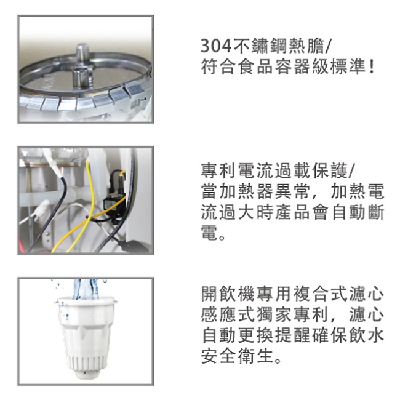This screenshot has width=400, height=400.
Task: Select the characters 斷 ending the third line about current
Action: click(375, 214)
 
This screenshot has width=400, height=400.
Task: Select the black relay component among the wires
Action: click(114, 188)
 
